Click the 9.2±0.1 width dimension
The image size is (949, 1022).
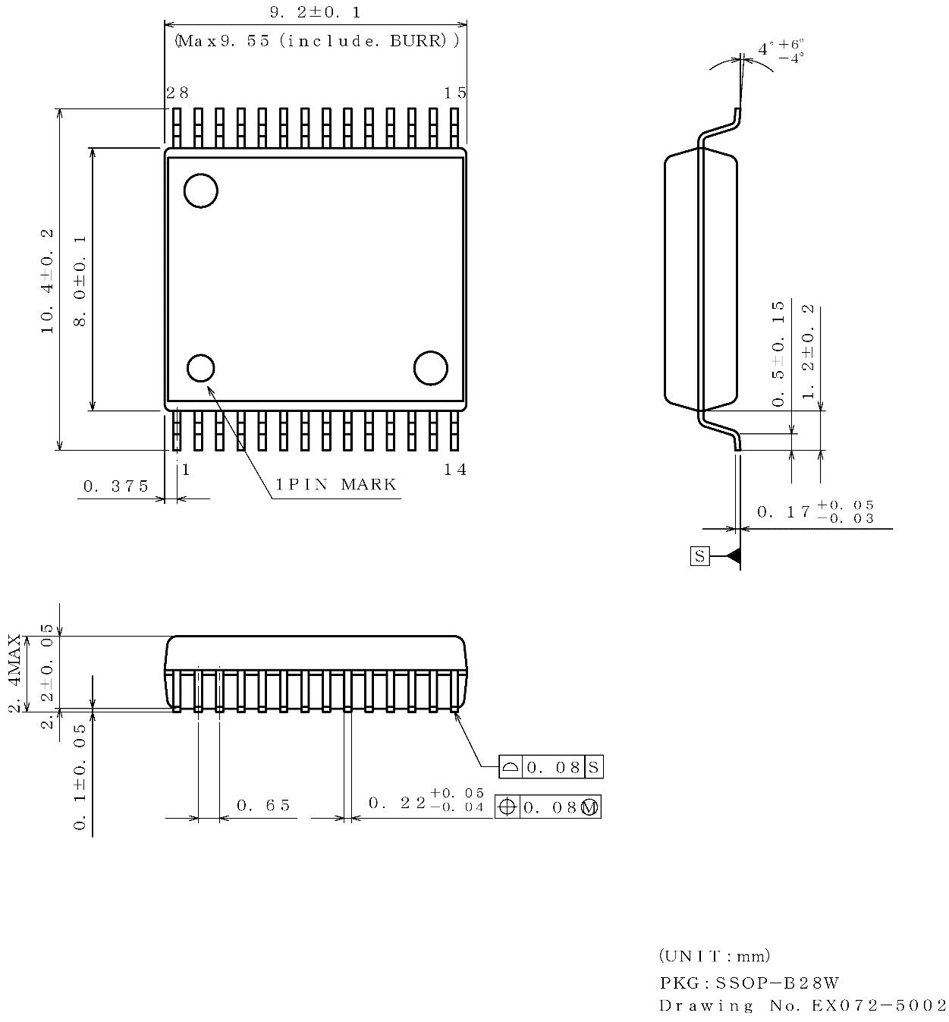[x=315, y=14]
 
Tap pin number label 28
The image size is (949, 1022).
[x=178, y=93]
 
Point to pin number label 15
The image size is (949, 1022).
[x=455, y=93]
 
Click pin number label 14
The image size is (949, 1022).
[x=455, y=470]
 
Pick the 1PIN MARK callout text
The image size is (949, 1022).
[x=336, y=485]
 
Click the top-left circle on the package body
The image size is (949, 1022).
[x=201, y=190]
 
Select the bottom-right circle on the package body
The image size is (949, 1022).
[x=430, y=368]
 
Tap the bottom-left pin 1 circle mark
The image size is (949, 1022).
[x=201, y=368]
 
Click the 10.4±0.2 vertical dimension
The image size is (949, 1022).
[x=47, y=281]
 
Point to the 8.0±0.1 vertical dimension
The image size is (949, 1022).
[x=80, y=281]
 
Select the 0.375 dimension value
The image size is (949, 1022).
[x=116, y=486]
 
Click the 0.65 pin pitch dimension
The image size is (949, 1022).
[x=263, y=805]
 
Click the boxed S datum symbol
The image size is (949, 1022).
[x=699, y=556]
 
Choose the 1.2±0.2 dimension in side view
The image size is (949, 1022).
[x=809, y=351]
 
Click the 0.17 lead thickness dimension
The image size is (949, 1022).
[x=815, y=512]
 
